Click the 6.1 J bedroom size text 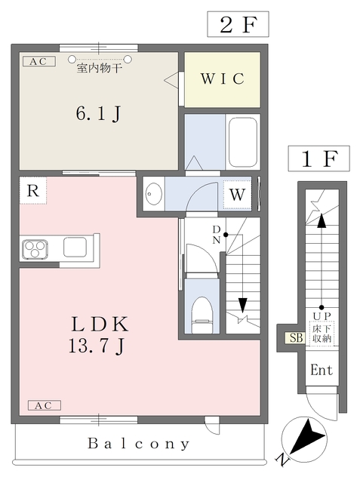pyautogui.click(x=98, y=115)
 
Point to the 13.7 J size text pyautogui.click(x=98, y=346)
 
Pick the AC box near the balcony pyautogui.click(x=44, y=406)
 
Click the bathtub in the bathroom pyautogui.click(x=243, y=142)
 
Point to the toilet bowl pyautogui.click(x=202, y=312)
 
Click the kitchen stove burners pyautogui.click(x=35, y=247)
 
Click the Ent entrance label pyautogui.click(x=322, y=371)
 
